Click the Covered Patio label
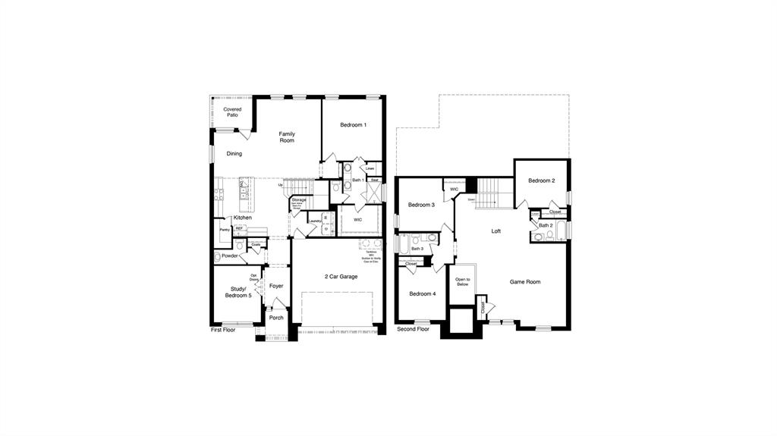(x=232, y=112)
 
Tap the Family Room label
(x=287, y=137)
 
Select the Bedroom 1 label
(x=353, y=125)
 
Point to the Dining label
(x=234, y=154)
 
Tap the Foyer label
(x=276, y=286)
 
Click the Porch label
(x=276, y=318)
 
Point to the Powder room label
(x=230, y=256)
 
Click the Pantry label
(x=225, y=230)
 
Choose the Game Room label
(x=525, y=282)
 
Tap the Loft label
(x=495, y=231)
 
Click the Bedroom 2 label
(x=542, y=180)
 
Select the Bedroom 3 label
(x=421, y=205)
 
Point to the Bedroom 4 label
(x=422, y=294)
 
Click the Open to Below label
(x=462, y=282)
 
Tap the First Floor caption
(x=223, y=330)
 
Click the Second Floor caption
(x=413, y=329)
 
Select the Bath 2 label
(x=546, y=225)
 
